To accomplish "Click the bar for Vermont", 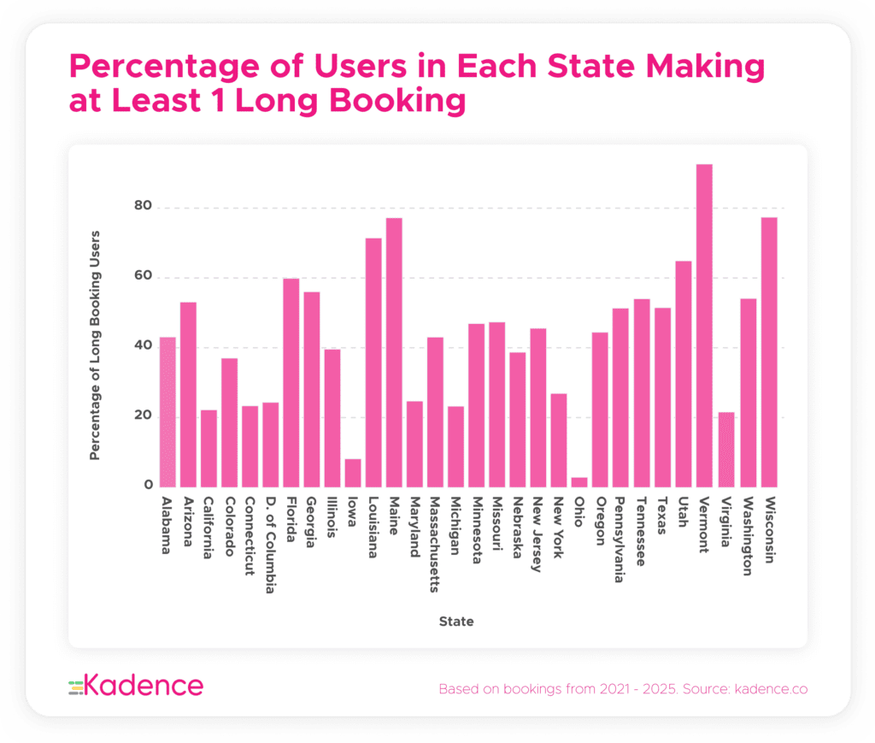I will (704, 325).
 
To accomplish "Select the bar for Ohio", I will (579, 482).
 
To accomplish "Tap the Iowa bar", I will (353, 473).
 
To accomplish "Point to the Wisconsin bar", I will (769, 351).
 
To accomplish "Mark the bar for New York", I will (559, 439).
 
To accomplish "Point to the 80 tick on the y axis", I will (142, 207).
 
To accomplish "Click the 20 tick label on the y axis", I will (142, 416).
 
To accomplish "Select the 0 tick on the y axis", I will (147, 486).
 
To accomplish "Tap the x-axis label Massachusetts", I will (435, 544).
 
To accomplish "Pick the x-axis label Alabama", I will (167, 525).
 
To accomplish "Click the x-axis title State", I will (456, 622).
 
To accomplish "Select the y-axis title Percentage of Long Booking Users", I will (95, 345).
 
